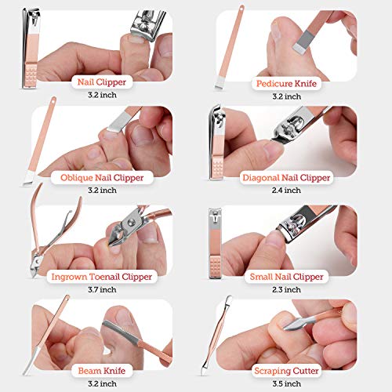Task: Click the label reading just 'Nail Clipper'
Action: coord(103,81)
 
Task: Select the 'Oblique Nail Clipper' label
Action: coord(103,177)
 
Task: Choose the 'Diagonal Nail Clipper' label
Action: coord(282,178)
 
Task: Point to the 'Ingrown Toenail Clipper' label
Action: coord(103,276)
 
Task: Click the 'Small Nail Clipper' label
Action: coord(282,276)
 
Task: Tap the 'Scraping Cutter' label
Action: coord(282,369)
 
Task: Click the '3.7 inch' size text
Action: coord(103,289)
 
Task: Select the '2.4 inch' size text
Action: coord(282,191)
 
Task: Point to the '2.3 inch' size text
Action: coord(282,289)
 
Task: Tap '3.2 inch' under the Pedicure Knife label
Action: coord(282,95)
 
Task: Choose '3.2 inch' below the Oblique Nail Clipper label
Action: coord(103,191)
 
